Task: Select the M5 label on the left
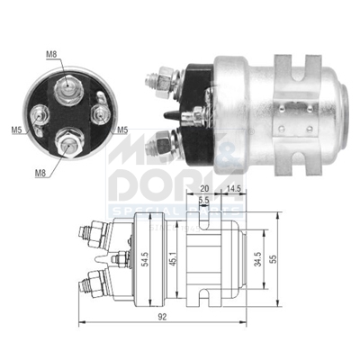(17, 130)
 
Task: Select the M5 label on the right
(121, 129)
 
